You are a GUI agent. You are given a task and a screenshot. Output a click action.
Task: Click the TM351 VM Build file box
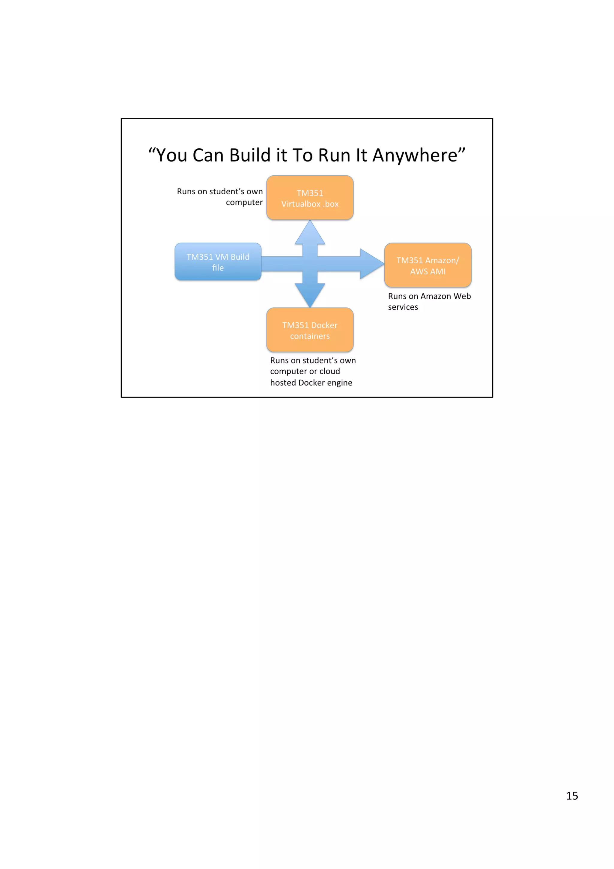(x=218, y=261)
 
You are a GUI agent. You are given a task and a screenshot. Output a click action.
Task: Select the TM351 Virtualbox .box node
(x=310, y=198)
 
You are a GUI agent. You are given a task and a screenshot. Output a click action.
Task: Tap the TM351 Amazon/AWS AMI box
(x=428, y=265)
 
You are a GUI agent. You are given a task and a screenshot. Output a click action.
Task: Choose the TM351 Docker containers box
(x=310, y=330)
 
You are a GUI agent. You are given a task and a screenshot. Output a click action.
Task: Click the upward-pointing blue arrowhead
(x=310, y=233)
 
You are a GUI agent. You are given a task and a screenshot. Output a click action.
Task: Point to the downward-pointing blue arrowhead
(x=310, y=295)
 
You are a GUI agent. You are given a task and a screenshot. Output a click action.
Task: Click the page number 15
(x=572, y=796)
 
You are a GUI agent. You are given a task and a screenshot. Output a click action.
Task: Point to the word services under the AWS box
(x=403, y=307)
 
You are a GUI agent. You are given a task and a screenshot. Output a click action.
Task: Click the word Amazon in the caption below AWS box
(x=435, y=296)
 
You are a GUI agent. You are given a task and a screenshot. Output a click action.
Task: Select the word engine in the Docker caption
(x=340, y=383)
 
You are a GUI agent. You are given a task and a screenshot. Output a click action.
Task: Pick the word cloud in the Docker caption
(x=329, y=371)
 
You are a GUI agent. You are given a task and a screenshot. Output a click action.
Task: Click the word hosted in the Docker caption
(x=283, y=383)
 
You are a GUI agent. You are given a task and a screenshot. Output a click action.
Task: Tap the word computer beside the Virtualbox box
(x=244, y=202)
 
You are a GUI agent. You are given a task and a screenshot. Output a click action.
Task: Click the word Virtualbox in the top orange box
(x=301, y=204)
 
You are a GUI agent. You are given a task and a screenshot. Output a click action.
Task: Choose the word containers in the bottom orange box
(x=310, y=336)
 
